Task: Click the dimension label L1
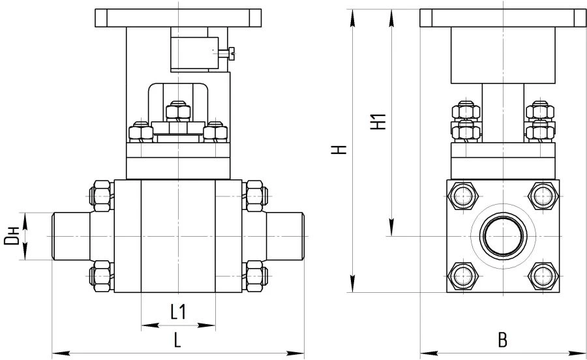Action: (178, 312)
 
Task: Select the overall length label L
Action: (177, 340)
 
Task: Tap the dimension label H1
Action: (378, 121)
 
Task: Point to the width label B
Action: (502, 340)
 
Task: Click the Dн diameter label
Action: (12, 235)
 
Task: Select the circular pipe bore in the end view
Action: (503, 235)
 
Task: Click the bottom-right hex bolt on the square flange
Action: (543, 277)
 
